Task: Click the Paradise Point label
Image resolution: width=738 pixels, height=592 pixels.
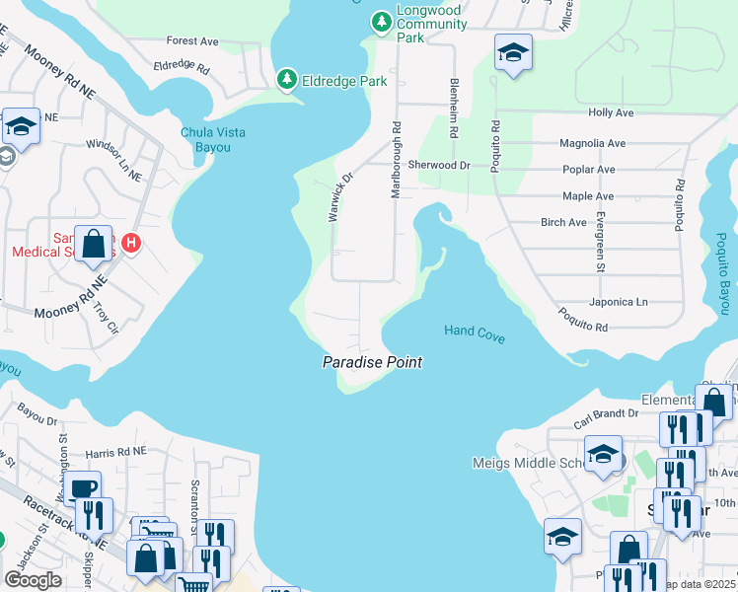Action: (372, 363)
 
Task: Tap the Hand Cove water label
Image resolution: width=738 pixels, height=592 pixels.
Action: (474, 334)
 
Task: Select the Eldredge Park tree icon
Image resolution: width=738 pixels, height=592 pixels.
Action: (287, 79)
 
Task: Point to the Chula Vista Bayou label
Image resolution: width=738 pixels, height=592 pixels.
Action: (212, 140)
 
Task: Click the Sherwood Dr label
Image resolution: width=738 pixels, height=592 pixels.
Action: (439, 166)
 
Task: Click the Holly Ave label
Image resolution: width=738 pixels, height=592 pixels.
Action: (610, 113)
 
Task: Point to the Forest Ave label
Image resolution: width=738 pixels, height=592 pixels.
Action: (192, 41)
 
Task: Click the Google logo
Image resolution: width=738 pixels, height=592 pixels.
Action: (33, 580)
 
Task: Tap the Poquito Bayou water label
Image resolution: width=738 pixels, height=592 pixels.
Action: (722, 274)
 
